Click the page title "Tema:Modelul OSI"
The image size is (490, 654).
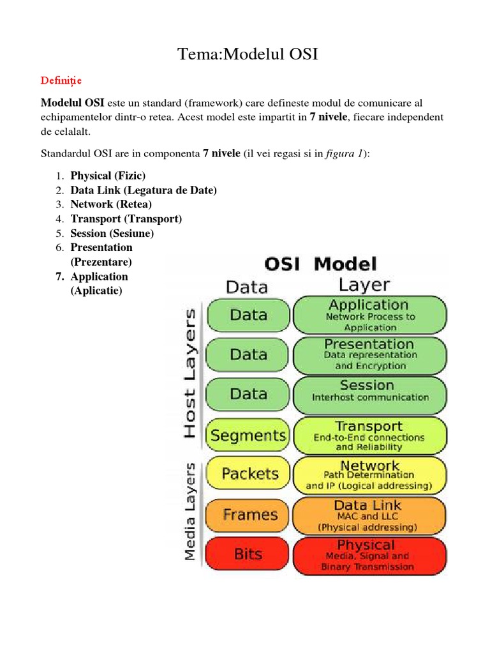[248, 54]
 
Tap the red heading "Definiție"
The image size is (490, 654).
[61, 81]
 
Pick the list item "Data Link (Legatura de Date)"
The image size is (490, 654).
[144, 190]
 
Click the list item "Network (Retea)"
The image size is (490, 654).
[111, 204]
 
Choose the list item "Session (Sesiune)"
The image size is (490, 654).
[112, 233]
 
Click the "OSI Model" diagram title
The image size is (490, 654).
[321, 264]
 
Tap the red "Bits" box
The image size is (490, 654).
[248, 554]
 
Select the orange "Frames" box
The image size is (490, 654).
[248, 515]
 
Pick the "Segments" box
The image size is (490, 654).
[248, 436]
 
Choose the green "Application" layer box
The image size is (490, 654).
[369, 316]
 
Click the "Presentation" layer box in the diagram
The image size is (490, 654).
[369, 354]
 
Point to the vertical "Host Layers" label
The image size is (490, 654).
[189, 373]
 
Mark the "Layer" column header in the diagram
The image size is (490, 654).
[364, 285]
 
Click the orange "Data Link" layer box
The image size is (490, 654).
[369, 515]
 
